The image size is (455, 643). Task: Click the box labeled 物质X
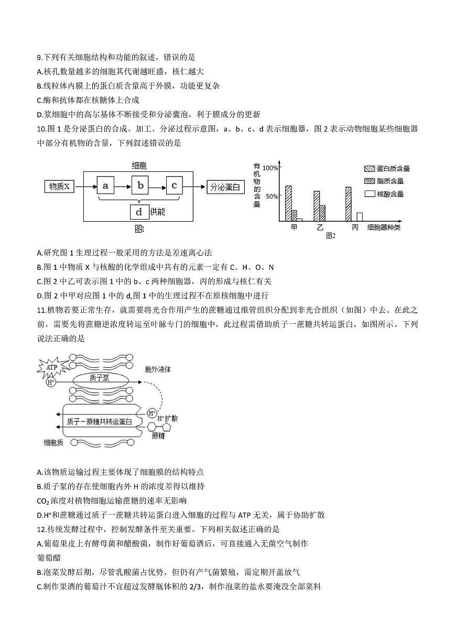[59, 186]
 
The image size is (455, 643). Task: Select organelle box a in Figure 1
[106, 186]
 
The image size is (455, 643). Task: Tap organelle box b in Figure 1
[140, 186]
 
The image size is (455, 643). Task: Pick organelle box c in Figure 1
[175, 186]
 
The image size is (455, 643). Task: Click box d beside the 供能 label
[139, 212]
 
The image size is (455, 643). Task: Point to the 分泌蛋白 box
[226, 186]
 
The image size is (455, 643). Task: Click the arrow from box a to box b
[123, 186]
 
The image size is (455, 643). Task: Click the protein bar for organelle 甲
[288, 203]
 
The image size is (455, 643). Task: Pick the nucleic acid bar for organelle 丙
[360, 216]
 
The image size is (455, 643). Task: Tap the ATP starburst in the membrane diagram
[51, 367]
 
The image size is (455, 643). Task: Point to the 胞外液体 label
[158, 369]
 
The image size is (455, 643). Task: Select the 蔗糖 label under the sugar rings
[158, 435]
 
